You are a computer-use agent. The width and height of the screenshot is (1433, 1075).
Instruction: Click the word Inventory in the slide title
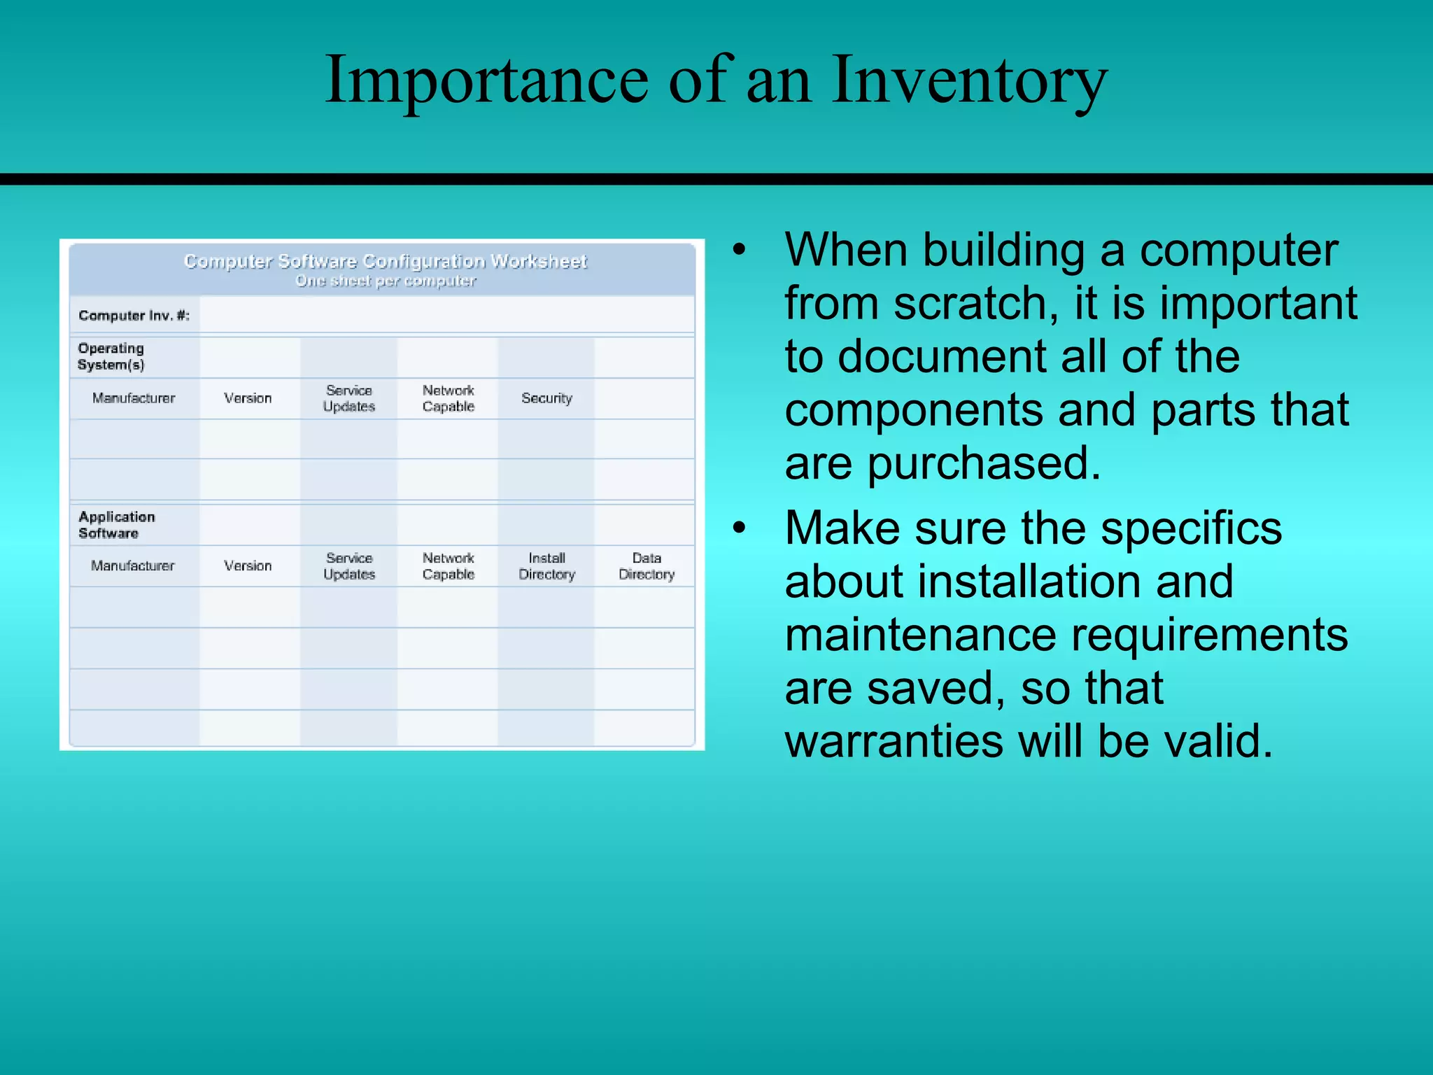click(x=969, y=80)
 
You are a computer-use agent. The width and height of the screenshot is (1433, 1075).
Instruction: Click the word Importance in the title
click(x=486, y=80)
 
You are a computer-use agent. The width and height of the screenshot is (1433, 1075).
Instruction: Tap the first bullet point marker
click(x=740, y=250)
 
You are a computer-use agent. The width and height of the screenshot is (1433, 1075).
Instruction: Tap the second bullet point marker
click(x=740, y=528)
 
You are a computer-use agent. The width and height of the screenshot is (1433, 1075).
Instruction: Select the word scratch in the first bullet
click(x=975, y=304)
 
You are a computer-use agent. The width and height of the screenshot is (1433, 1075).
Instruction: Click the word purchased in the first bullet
click(x=984, y=463)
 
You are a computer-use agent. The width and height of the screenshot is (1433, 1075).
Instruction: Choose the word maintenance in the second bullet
click(x=920, y=635)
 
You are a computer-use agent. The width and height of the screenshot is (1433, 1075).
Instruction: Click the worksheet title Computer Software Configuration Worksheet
click(x=385, y=262)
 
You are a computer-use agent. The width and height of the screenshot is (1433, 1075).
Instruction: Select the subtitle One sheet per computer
click(x=385, y=281)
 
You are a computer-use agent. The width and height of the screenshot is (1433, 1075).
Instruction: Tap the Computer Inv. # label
click(x=134, y=316)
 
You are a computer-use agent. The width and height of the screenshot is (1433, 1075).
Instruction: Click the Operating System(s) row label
click(x=111, y=356)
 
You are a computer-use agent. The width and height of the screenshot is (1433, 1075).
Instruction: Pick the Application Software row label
click(x=116, y=525)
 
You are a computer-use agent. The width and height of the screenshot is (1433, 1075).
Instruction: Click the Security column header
click(x=546, y=398)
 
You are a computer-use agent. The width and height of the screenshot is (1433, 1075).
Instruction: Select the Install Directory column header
click(x=546, y=566)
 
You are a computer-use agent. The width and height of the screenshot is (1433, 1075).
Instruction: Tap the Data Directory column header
click(x=646, y=566)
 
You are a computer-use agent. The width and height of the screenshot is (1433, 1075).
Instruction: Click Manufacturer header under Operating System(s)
click(x=134, y=398)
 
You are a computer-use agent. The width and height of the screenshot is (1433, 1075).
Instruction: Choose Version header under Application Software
click(x=248, y=565)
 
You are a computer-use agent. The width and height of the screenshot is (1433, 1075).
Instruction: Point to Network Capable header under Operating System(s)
click(x=448, y=398)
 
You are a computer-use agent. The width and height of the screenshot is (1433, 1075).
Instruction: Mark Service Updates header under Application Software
click(x=349, y=566)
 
